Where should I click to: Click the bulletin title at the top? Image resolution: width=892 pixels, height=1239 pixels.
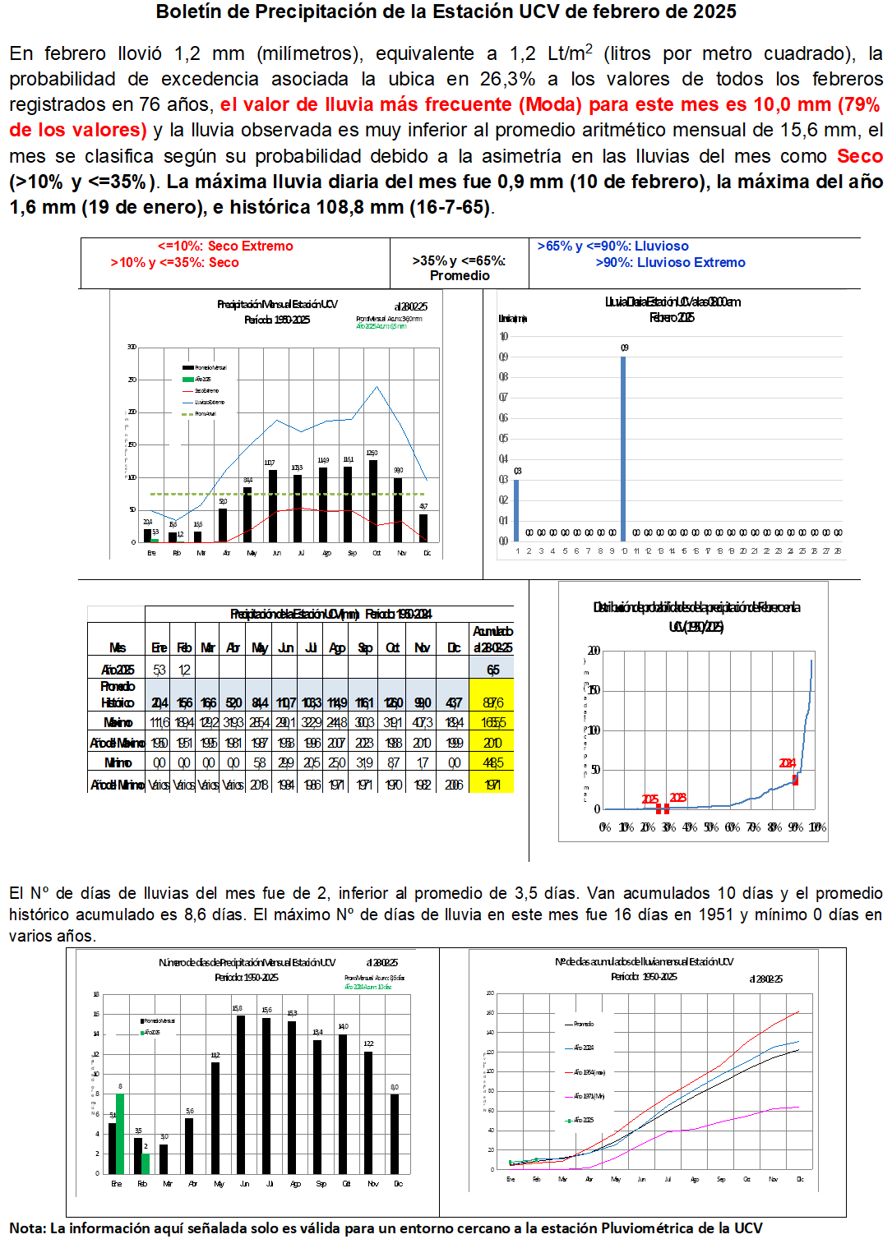coord(446,12)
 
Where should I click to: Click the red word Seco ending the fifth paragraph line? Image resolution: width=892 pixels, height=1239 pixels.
coord(859,156)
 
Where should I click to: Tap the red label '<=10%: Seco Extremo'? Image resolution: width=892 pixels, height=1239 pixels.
coord(225,246)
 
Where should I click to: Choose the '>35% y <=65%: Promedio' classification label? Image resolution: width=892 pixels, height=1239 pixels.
coord(460,268)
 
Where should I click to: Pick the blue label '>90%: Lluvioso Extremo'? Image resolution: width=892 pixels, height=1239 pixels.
coord(670,263)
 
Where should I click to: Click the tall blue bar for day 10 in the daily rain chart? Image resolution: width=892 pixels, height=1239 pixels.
coord(623,448)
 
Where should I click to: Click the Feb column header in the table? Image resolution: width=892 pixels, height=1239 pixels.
coord(184,647)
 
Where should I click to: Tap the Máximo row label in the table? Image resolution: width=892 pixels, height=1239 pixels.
coord(118,722)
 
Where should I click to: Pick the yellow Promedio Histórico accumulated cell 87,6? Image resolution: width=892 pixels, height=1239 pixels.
coord(492,702)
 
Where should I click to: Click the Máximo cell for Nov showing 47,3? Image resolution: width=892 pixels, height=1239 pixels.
coord(423,722)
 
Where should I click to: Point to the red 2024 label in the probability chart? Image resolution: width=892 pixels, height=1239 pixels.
coord(787,763)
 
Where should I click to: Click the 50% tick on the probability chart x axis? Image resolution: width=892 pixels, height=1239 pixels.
coord(711,827)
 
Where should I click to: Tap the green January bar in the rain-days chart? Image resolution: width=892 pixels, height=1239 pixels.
coord(120,1133)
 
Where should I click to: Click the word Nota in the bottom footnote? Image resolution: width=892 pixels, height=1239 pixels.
coord(26,1228)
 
